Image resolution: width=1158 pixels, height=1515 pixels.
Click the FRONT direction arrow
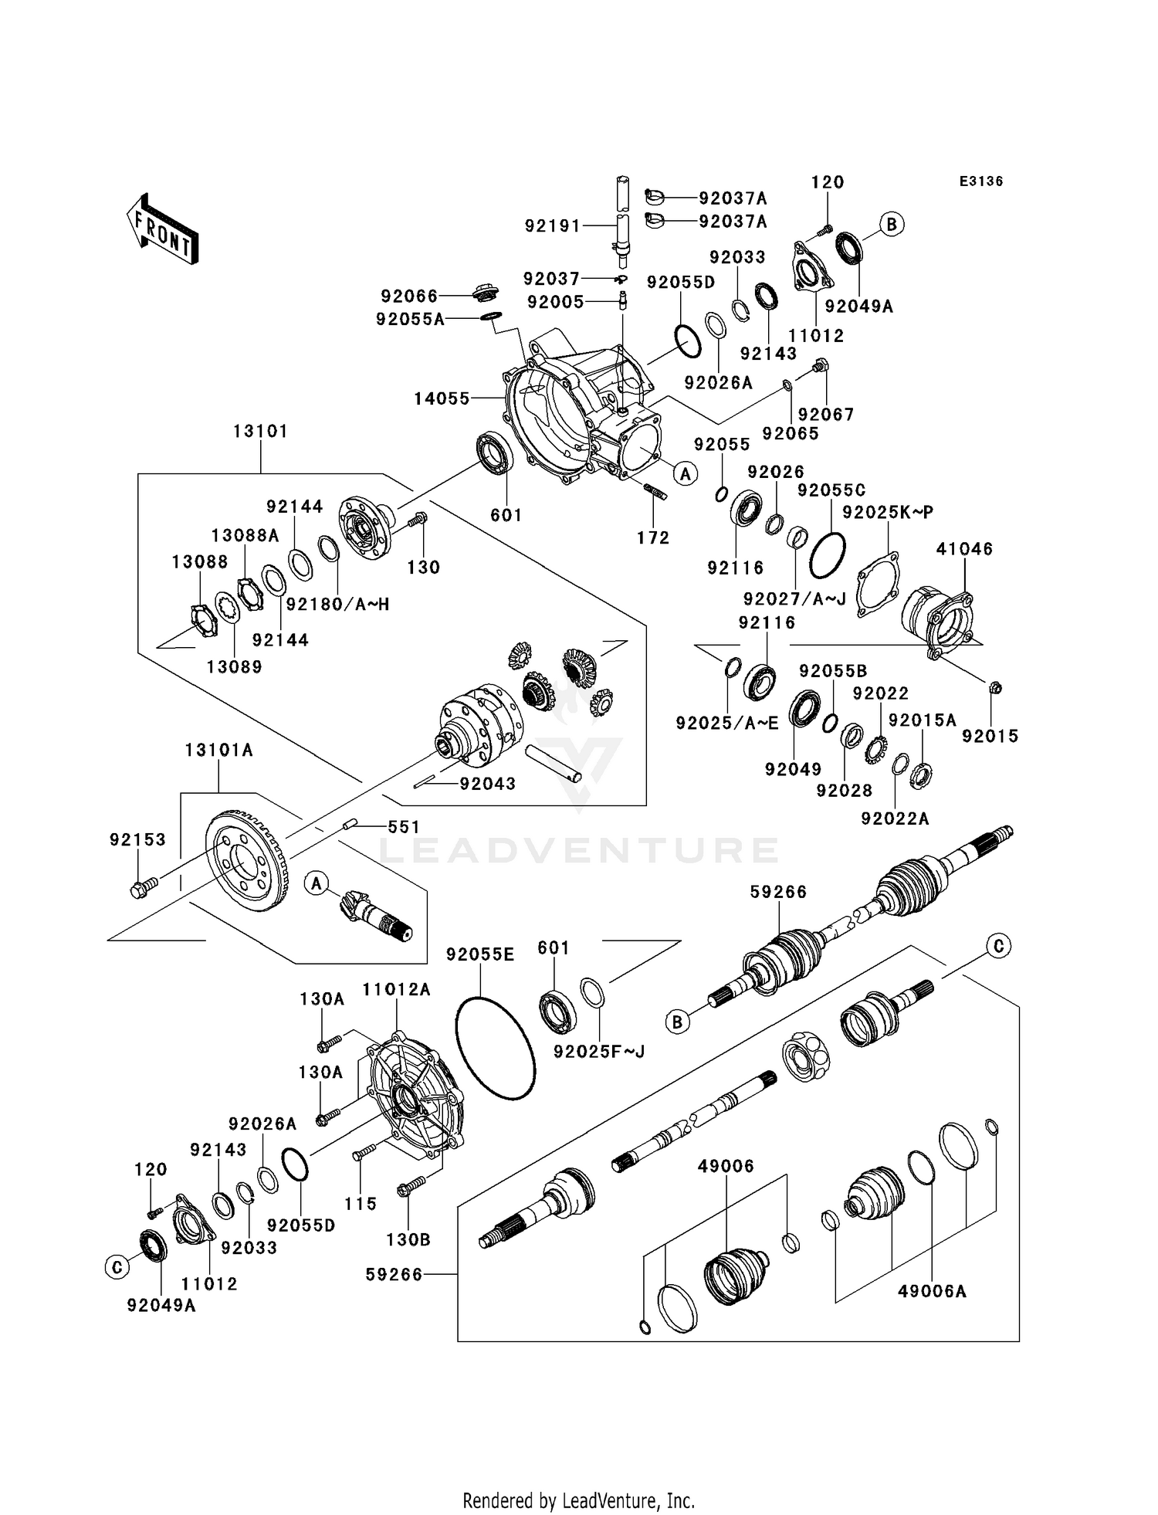point(163,229)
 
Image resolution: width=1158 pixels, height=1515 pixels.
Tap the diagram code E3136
point(980,181)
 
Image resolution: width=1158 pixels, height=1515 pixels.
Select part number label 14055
point(442,398)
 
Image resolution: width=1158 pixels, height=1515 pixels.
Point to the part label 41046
point(964,549)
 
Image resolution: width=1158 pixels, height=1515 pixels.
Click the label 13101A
point(218,750)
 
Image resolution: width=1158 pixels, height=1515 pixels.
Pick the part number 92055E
point(479,954)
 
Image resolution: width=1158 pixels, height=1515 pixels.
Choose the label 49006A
point(932,1291)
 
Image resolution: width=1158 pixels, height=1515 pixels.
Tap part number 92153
point(137,839)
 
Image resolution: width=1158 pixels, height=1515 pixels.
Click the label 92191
point(552,225)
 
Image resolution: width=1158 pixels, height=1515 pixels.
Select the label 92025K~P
point(888,512)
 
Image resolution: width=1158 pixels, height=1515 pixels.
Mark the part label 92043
point(487,784)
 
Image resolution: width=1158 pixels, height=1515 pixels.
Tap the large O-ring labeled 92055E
point(495,1047)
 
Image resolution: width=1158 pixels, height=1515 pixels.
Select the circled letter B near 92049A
point(892,225)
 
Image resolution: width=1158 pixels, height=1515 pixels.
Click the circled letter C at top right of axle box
point(998,945)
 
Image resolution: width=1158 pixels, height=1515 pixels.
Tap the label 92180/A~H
point(337,605)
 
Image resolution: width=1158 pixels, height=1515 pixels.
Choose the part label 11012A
point(396,990)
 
